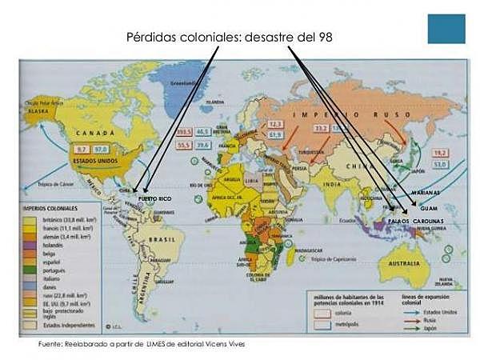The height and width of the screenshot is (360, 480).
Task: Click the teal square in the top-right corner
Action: click(x=446, y=29)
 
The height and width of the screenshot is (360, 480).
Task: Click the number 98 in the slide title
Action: click(x=322, y=38)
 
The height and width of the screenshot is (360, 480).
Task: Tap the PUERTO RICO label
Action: click(x=154, y=198)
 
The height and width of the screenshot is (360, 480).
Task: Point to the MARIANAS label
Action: click(x=426, y=194)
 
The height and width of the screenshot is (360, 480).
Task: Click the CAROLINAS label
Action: click(x=429, y=220)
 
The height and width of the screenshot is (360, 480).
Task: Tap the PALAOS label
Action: click(x=399, y=220)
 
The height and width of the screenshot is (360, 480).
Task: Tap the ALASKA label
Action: click(x=39, y=112)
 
